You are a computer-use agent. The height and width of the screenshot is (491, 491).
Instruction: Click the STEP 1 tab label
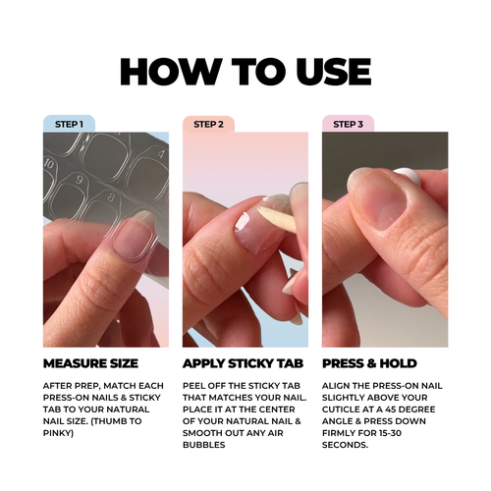coord(69,125)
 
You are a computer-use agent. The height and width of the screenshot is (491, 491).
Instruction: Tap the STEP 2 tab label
coord(208,125)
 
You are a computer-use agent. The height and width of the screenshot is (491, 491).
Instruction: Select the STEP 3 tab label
coord(348,125)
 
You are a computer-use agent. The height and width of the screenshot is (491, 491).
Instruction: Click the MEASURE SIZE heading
coord(90,363)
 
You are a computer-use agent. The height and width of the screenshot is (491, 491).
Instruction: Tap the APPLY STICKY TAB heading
coord(244,363)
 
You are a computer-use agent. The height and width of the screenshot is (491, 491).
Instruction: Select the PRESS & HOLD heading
coord(369,363)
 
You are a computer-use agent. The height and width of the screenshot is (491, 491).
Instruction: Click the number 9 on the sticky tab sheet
coord(80,180)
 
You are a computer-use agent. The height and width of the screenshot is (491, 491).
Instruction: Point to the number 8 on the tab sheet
coord(111,197)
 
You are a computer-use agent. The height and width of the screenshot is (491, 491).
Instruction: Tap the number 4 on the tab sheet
coord(161,153)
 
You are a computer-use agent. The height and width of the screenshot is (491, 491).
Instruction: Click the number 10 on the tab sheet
coord(49,163)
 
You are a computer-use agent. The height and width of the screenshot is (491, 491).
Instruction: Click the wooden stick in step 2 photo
coord(277,218)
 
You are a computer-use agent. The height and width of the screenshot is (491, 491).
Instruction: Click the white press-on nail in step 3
coord(408,176)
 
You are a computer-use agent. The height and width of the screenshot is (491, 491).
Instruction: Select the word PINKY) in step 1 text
coord(58,433)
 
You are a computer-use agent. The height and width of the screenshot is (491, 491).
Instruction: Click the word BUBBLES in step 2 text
coord(204,445)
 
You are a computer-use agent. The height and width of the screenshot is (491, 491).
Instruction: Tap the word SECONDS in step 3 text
coord(344,445)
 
